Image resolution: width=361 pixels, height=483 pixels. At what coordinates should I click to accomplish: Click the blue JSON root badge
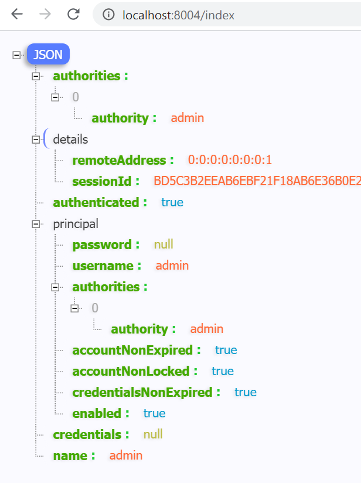pyautogui.click(x=48, y=55)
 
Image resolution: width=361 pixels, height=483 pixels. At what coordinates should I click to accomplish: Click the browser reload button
pyautogui.click(x=73, y=15)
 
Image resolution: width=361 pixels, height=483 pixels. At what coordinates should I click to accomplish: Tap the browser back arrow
pyautogui.click(x=17, y=15)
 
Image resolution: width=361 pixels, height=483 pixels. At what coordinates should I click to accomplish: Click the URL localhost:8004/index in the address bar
pyautogui.click(x=178, y=15)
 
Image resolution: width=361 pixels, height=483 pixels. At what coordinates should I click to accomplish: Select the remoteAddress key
pyautogui.click(x=123, y=160)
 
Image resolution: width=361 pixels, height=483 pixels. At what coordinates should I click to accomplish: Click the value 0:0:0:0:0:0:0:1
pyautogui.click(x=230, y=160)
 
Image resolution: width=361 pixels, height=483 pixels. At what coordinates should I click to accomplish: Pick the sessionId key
pyautogui.click(x=106, y=181)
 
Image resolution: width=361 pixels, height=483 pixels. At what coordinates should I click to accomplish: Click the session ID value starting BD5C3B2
pyautogui.click(x=257, y=181)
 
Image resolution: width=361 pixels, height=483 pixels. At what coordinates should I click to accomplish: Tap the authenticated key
pyautogui.click(x=100, y=202)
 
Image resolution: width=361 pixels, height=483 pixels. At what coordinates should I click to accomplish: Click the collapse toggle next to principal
pyautogui.click(x=36, y=224)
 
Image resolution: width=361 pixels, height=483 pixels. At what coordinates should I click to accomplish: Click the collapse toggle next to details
pyautogui.click(x=36, y=140)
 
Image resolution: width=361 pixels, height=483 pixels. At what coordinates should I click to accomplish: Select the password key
pyautogui.click(x=106, y=244)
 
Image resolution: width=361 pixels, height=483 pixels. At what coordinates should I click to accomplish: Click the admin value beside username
pyautogui.click(x=172, y=266)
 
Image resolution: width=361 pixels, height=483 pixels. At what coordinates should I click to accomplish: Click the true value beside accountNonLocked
pyautogui.click(x=223, y=371)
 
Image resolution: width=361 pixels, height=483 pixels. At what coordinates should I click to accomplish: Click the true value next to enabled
pyautogui.click(x=154, y=413)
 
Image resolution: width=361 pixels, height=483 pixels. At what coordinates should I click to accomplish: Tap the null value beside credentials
pyautogui.click(x=153, y=434)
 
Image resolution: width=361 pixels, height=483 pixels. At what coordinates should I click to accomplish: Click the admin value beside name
pyautogui.click(x=126, y=455)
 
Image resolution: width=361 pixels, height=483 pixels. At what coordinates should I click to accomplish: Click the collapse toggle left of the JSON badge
pyautogui.click(x=16, y=55)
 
